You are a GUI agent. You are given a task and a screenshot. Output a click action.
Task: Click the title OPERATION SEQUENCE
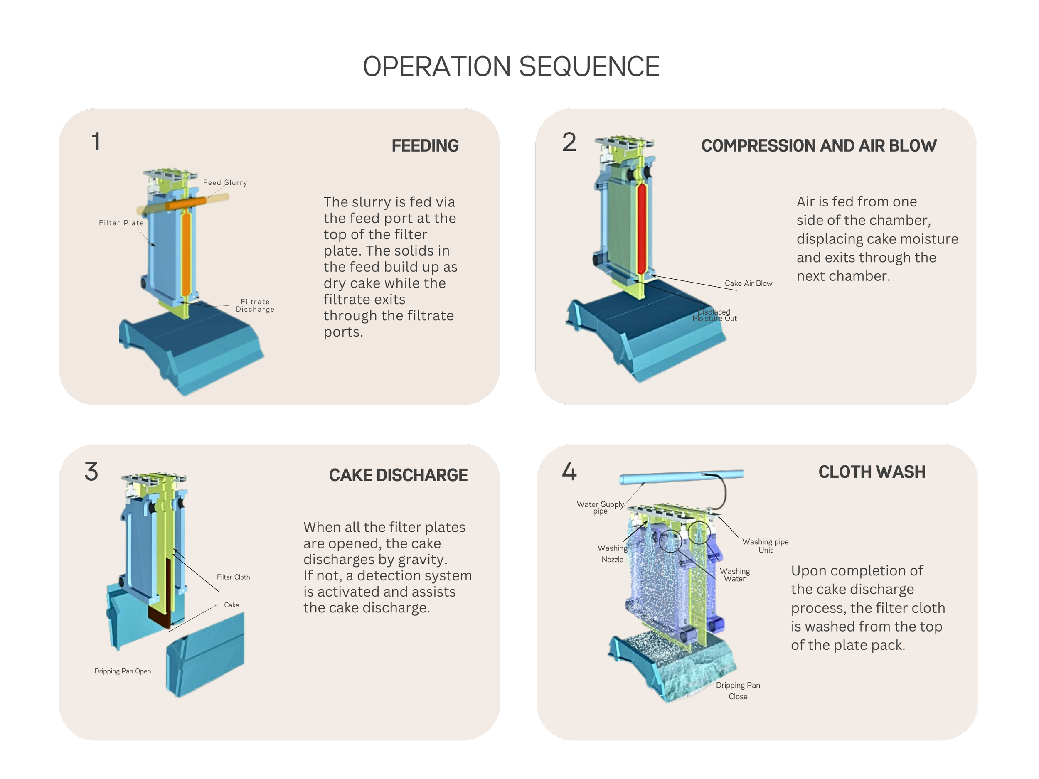(x=511, y=66)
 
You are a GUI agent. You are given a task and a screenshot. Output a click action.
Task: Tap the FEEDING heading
(x=425, y=145)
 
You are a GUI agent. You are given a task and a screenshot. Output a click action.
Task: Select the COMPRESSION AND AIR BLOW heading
(x=819, y=145)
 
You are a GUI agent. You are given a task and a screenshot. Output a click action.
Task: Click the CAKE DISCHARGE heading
(x=398, y=475)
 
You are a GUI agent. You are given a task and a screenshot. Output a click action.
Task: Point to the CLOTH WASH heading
(x=872, y=472)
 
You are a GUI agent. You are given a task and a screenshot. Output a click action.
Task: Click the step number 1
(x=96, y=141)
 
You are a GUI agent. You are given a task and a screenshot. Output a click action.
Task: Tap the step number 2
(x=569, y=142)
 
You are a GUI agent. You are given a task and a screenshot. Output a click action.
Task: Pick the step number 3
(x=91, y=472)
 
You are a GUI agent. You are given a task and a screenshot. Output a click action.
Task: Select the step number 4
(x=569, y=472)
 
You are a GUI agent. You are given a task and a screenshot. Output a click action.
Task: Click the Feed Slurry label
(x=225, y=183)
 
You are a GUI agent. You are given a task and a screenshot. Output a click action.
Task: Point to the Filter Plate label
(x=121, y=223)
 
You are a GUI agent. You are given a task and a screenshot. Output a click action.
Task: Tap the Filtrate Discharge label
(x=255, y=305)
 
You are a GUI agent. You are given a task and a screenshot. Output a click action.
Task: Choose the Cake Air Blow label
(x=748, y=284)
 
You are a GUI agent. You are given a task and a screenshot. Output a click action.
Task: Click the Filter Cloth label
(x=234, y=577)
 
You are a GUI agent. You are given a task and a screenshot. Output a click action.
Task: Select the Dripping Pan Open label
(x=123, y=671)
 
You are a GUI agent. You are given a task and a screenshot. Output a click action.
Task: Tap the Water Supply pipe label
(x=600, y=508)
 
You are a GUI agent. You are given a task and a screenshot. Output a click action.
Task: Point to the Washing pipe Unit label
(x=765, y=546)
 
